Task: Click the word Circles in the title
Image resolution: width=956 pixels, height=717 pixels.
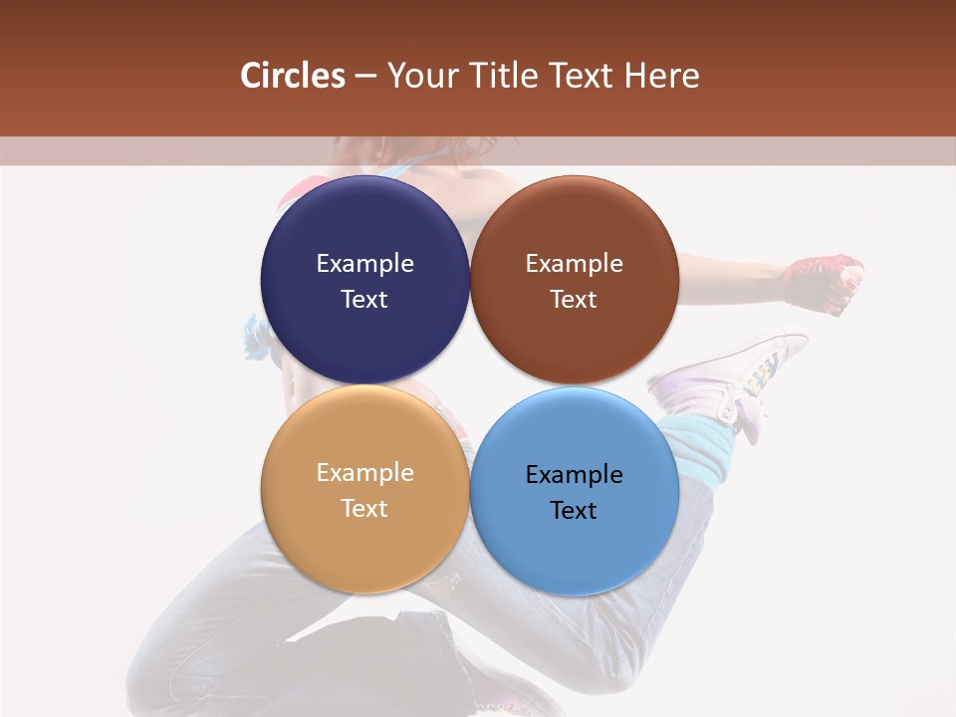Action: point(293,76)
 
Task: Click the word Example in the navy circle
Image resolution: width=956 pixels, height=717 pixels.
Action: point(364,263)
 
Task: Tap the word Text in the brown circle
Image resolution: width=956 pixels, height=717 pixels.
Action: point(574,299)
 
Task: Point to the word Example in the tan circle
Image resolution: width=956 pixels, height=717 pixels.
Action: point(364,472)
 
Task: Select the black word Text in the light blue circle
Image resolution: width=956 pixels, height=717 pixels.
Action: point(574,510)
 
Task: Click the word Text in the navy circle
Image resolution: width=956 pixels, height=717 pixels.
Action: point(364,299)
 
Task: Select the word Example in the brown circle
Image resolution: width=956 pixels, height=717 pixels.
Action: point(574,263)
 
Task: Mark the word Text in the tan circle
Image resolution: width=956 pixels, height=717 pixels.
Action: point(364,508)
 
